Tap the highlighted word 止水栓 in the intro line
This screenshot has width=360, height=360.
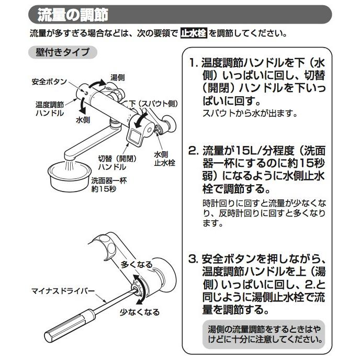[x=194, y=33]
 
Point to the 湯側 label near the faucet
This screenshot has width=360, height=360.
[x=118, y=77]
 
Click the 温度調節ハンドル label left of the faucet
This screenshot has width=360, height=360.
[x=50, y=108]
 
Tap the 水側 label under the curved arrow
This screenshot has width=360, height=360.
[x=83, y=120]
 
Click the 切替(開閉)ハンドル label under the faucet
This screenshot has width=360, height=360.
[x=112, y=163]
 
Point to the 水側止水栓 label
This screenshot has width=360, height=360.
[x=164, y=159]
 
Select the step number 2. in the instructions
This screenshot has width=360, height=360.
[x=194, y=151]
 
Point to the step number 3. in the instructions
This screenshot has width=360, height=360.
[x=194, y=259]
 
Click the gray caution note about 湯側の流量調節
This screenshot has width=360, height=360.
[x=263, y=335]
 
